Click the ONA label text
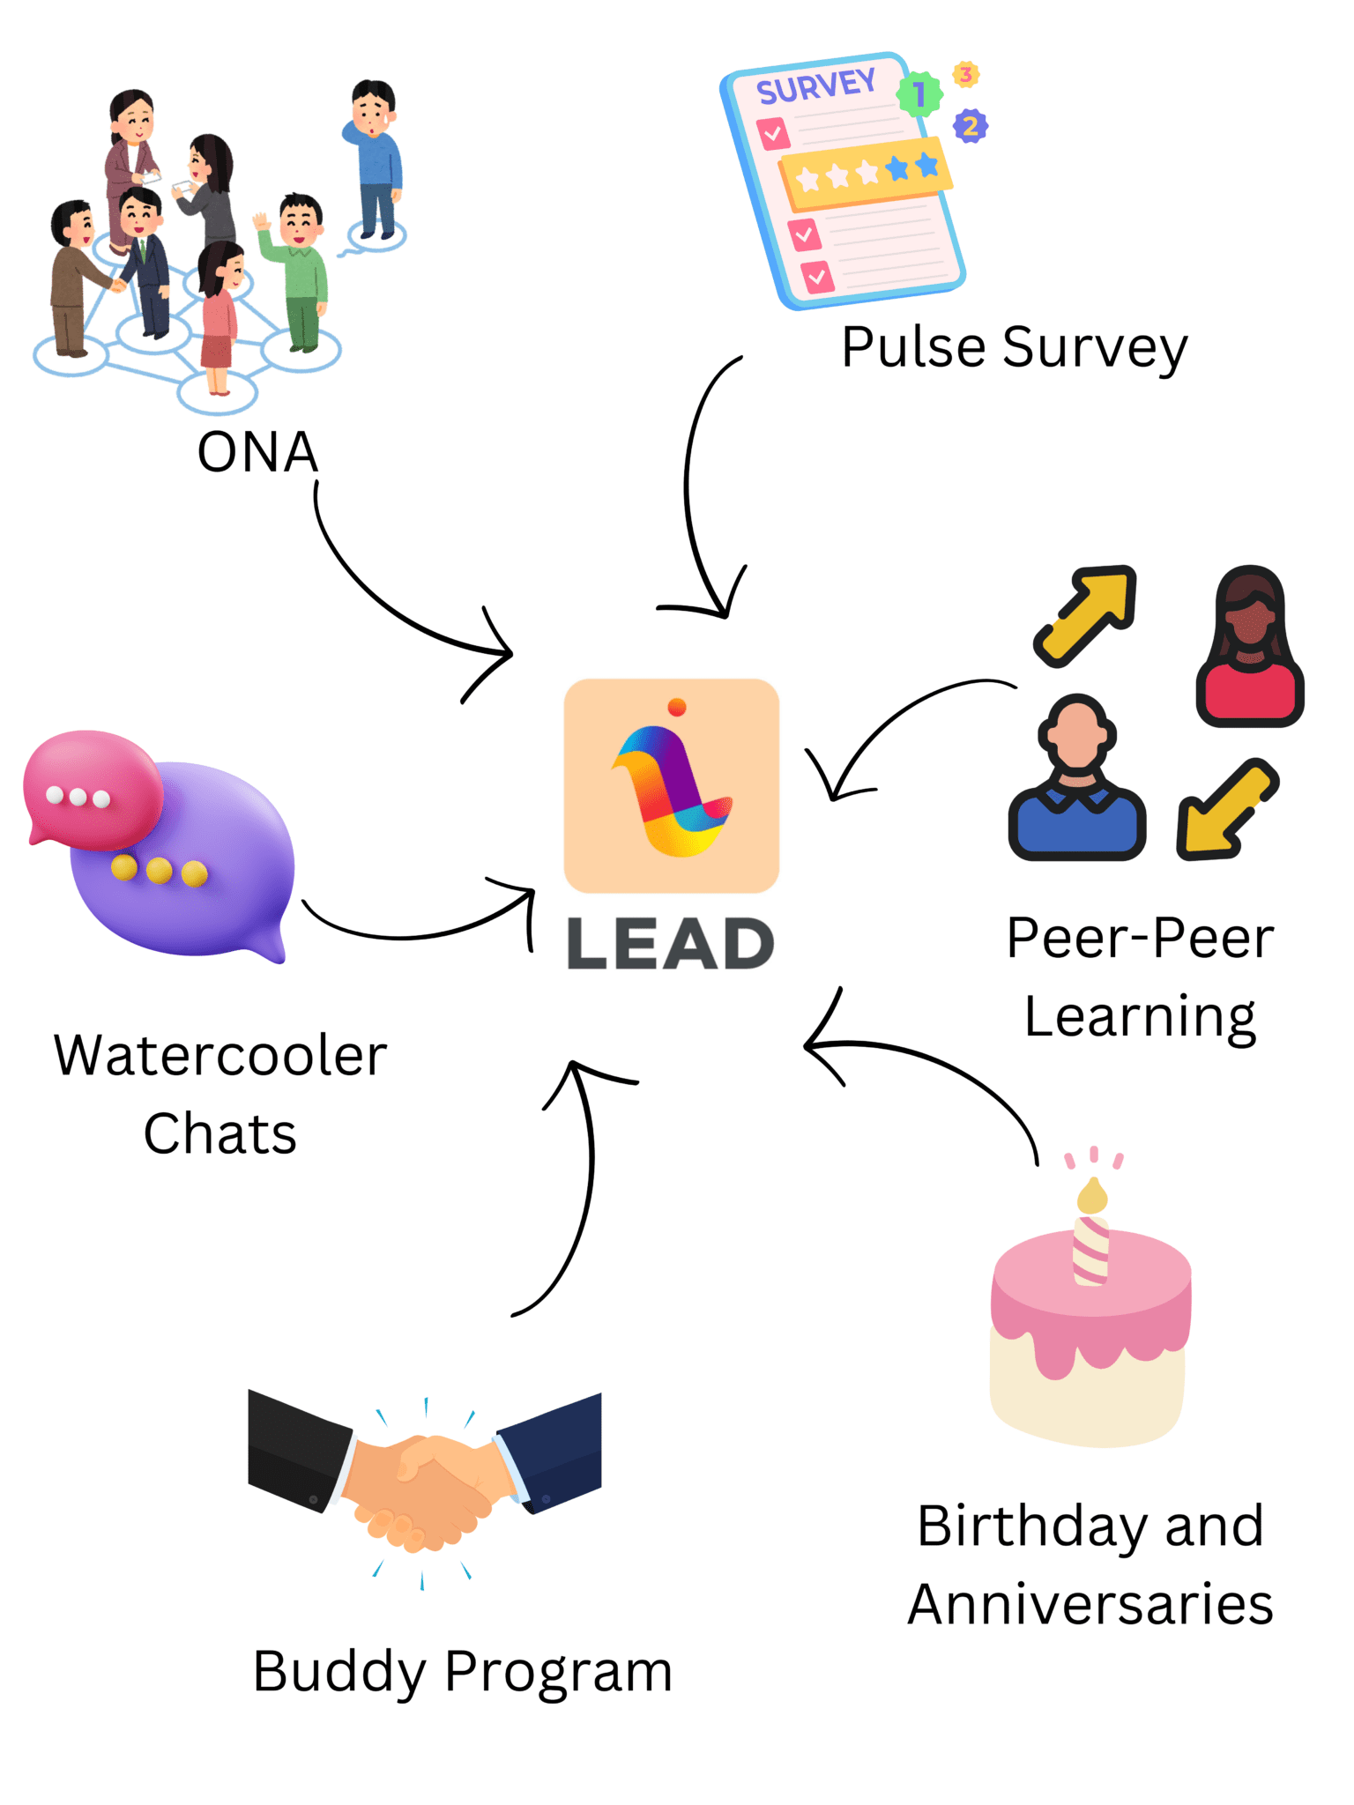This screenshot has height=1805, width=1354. (x=257, y=452)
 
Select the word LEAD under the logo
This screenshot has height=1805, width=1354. (x=670, y=944)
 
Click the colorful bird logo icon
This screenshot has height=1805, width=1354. (x=672, y=785)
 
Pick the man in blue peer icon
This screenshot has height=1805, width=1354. (x=1076, y=779)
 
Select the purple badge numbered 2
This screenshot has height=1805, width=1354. (x=971, y=127)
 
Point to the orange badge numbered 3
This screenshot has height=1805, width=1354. (x=966, y=75)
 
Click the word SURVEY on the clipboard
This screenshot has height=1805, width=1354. (x=816, y=86)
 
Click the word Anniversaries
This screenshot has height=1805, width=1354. (x=1090, y=1604)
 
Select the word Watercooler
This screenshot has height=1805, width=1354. (x=220, y=1055)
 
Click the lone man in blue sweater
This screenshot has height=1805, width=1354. (x=376, y=159)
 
